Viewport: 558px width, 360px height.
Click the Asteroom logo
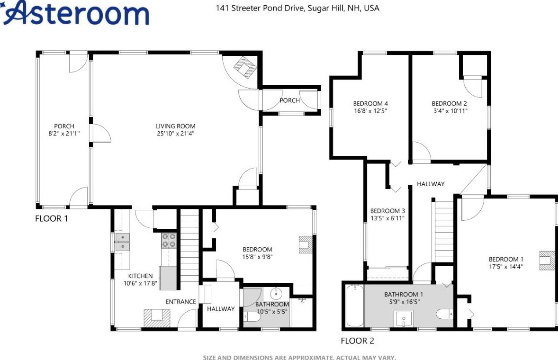(x=75, y=13)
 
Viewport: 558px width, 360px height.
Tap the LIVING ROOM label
(x=175, y=126)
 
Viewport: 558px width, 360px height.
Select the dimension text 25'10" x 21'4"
(x=175, y=134)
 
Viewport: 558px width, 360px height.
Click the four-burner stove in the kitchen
(x=169, y=240)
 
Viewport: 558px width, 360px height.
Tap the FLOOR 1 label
(x=51, y=218)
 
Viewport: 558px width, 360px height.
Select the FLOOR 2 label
(x=357, y=341)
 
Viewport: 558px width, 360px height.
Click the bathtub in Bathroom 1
(x=354, y=306)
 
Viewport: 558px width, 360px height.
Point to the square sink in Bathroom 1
(x=404, y=318)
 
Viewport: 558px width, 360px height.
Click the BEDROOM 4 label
(x=370, y=104)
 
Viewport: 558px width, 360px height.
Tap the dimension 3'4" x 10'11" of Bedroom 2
(x=450, y=111)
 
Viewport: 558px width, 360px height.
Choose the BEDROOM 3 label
(x=387, y=211)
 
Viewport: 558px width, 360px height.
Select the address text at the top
(x=297, y=8)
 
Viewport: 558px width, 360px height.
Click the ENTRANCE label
(x=181, y=302)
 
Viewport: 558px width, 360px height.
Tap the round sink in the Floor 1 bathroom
(x=276, y=294)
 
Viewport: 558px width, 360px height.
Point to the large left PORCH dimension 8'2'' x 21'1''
(x=64, y=134)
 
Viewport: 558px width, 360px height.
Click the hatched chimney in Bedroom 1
(x=547, y=261)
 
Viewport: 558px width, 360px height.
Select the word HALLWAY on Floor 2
(x=431, y=184)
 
